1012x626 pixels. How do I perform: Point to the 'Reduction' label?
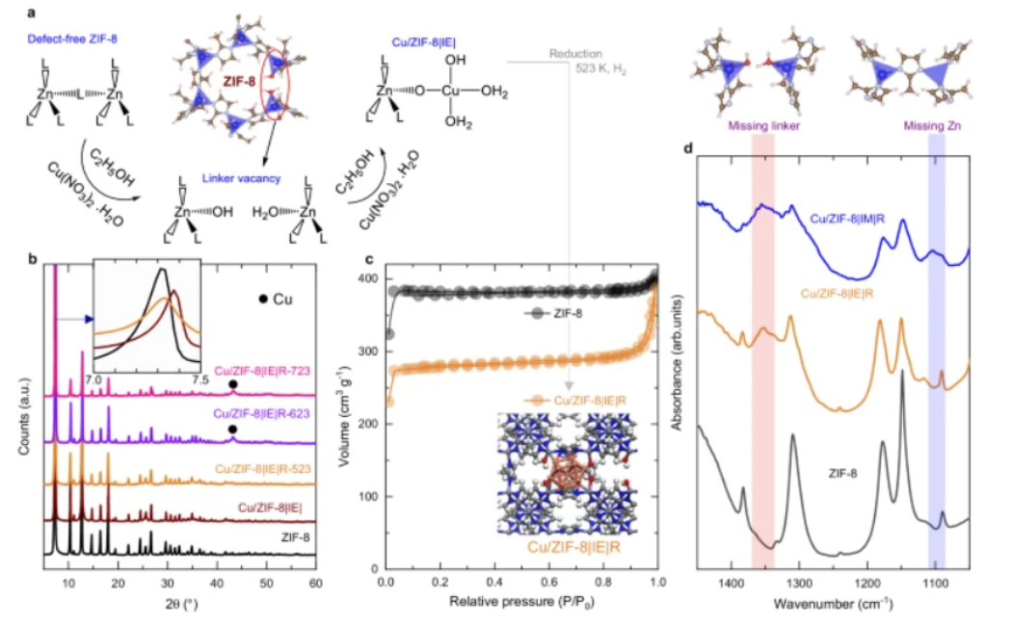click(x=575, y=54)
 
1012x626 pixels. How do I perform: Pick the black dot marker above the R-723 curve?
click(x=232, y=385)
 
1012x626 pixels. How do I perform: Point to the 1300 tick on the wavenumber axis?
click(x=799, y=585)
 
